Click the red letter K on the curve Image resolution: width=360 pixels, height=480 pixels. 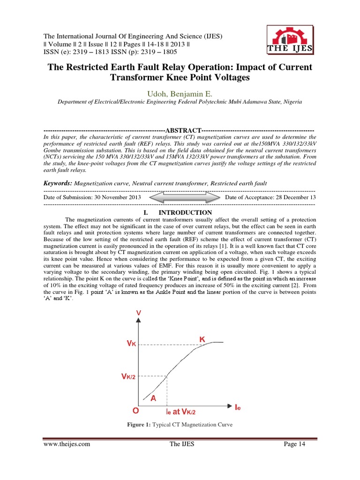(202, 338)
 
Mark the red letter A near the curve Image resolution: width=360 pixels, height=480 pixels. (153, 398)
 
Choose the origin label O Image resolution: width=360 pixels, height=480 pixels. (135, 411)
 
